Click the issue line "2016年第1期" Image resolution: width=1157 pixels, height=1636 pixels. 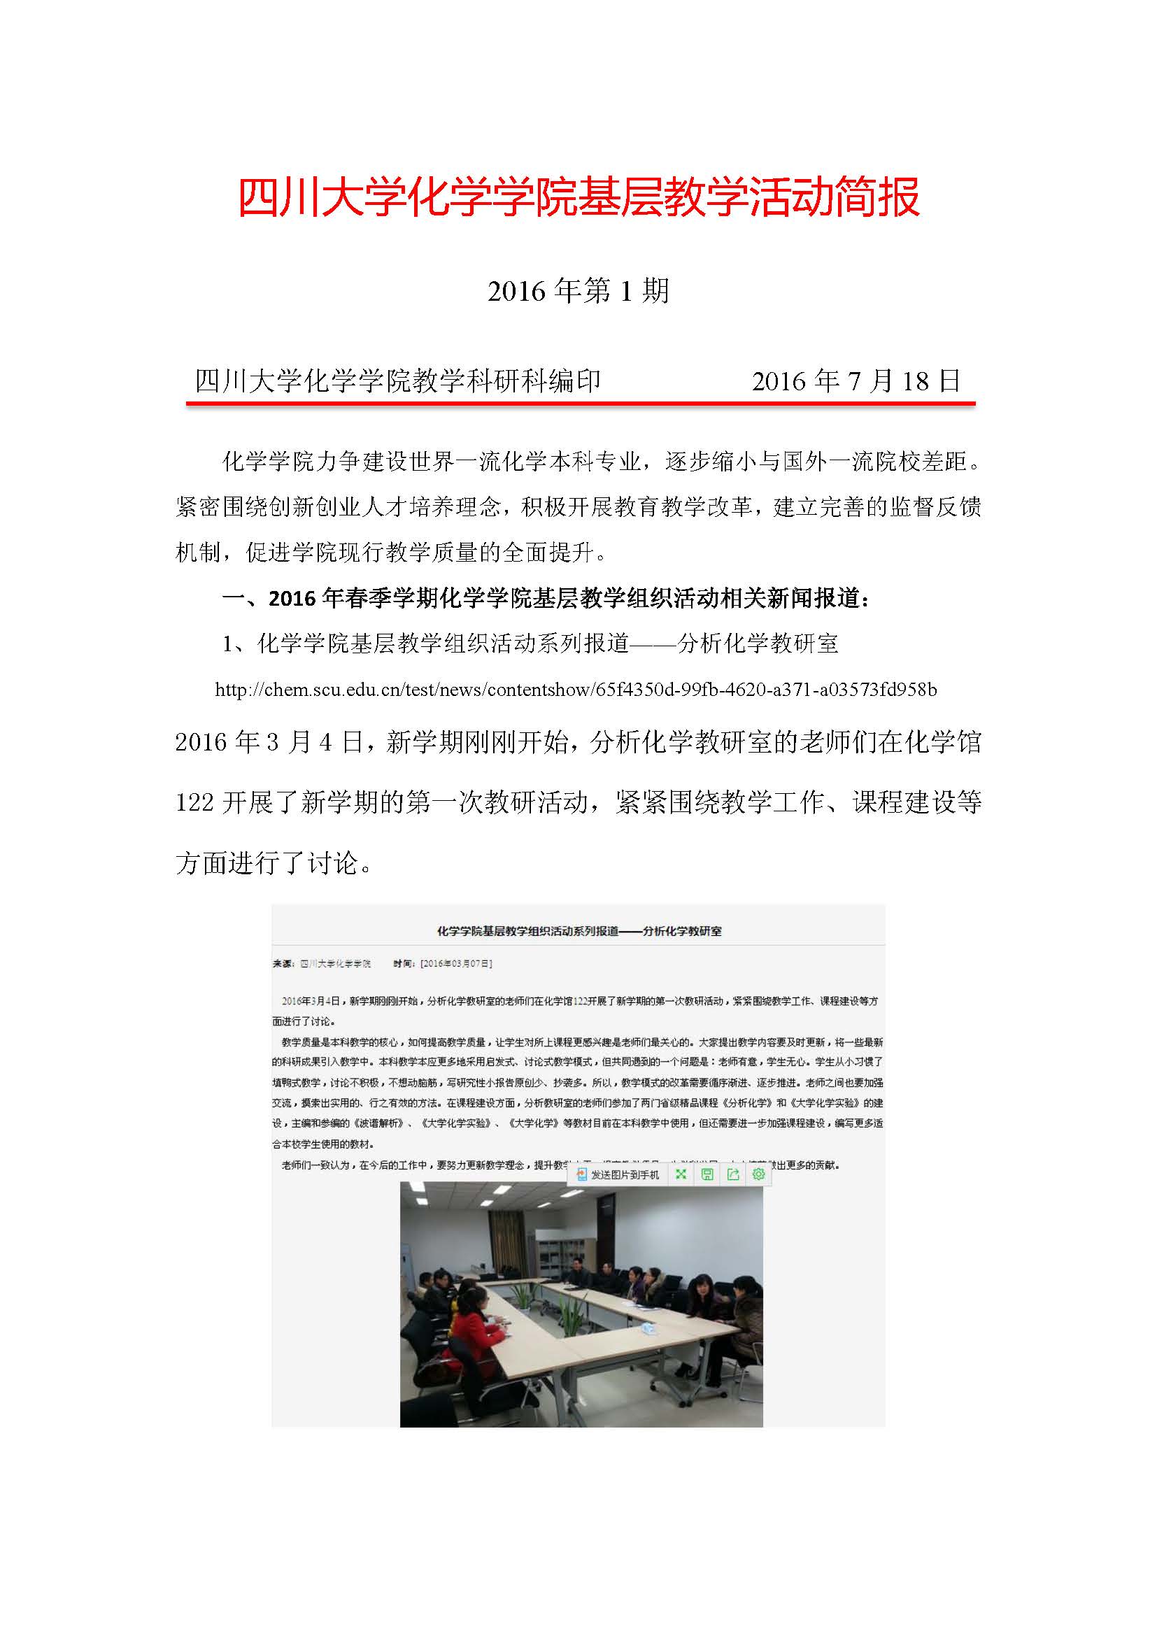[578, 291]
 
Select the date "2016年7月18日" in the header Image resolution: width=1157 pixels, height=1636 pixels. [856, 381]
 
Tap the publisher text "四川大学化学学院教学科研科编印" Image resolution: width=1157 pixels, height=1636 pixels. [397, 381]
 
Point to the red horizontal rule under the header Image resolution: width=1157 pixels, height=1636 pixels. [580, 404]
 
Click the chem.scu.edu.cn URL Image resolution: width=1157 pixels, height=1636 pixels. [576, 689]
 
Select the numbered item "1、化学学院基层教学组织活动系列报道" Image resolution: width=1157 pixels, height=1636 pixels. [530, 643]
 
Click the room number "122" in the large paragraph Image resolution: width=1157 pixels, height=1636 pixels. [194, 802]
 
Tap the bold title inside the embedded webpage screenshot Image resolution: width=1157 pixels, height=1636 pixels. [578, 930]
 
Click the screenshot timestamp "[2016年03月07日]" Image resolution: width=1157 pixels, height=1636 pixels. [456, 963]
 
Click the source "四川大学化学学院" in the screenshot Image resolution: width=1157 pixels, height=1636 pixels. [336, 963]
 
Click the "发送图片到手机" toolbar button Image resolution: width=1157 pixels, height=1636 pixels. [618, 1174]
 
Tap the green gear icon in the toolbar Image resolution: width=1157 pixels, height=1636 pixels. [758, 1174]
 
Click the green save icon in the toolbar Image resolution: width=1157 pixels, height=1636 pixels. [707, 1174]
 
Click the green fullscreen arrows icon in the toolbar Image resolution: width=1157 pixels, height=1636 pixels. [681, 1174]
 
